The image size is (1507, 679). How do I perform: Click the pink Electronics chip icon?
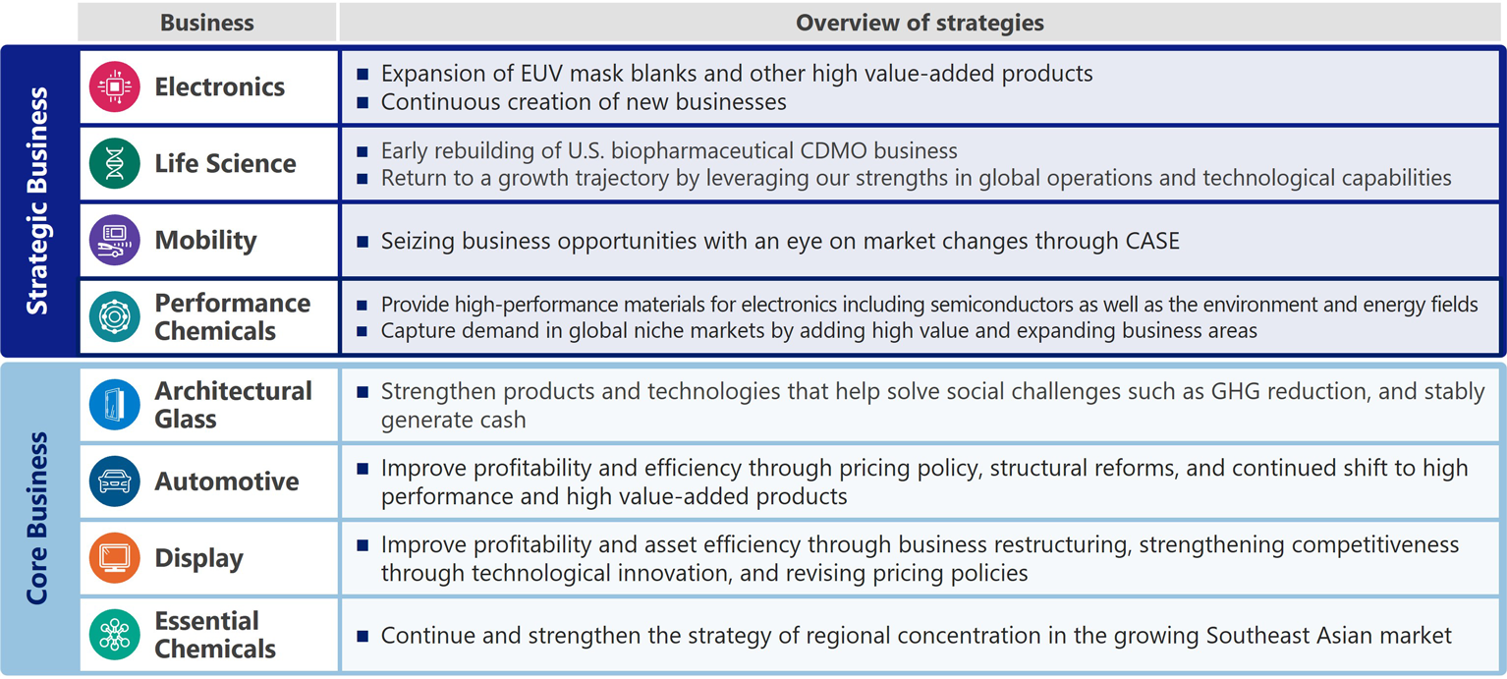pos(114,86)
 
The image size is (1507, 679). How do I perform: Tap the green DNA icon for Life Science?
pos(114,163)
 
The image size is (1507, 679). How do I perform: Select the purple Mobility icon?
pos(114,240)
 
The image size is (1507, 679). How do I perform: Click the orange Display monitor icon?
pos(114,558)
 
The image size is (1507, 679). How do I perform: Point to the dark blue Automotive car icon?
pos(114,481)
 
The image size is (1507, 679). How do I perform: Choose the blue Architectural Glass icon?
pos(114,405)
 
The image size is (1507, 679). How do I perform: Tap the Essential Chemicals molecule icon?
pos(114,635)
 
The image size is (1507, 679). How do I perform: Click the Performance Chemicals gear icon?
pos(114,317)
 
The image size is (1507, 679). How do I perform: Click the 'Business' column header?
pos(207,23)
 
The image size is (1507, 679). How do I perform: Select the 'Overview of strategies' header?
pos(920,23)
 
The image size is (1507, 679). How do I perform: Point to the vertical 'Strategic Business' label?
pos(37,200)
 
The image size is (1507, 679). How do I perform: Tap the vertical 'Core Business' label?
pos(37,518)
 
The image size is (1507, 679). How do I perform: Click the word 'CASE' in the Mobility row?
pos(1152,241)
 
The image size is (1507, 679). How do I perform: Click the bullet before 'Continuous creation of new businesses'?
pos(363,102)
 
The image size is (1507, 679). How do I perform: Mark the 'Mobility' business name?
pos(206,241)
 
